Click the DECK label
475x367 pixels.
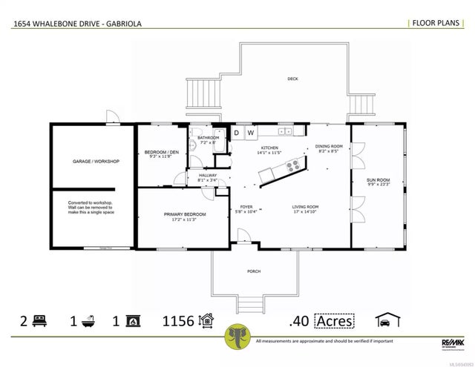pos(293,79)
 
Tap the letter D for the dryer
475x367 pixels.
pos(237,133)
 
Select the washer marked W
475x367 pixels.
pos(250,133)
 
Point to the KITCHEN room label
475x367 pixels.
pos(269,148)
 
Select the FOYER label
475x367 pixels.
pos(246,207)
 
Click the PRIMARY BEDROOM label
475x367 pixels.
pos(185,214)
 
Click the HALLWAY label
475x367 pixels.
pos(208,175)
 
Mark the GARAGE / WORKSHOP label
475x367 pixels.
pos(96,161)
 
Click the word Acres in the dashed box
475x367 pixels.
pos(334,321)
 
